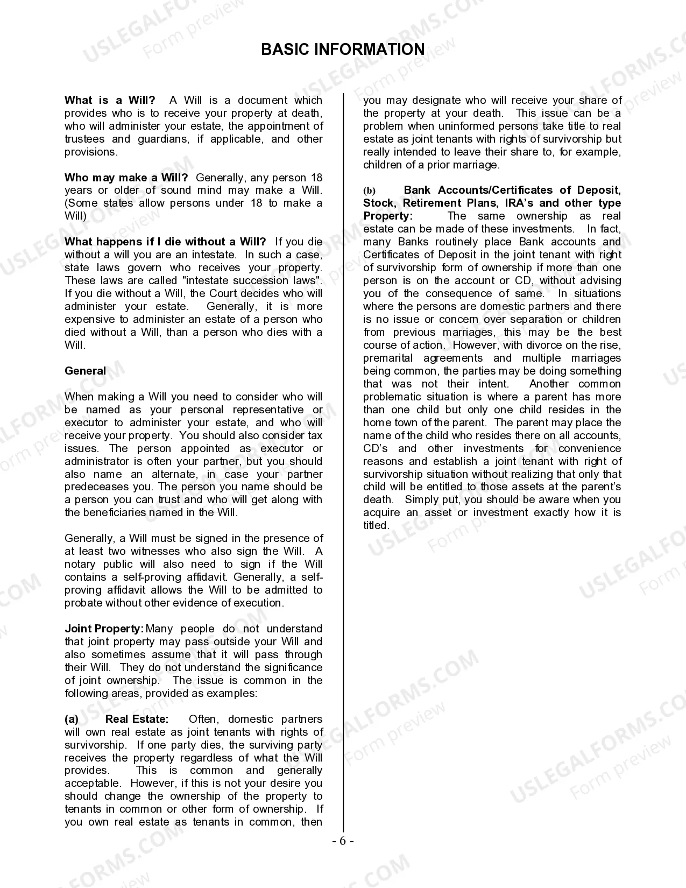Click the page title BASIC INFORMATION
tap(343, 50)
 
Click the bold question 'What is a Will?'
tap(110, 100)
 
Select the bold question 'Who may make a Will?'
tap(126, 178)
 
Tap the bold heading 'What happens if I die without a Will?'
tap(165, 242)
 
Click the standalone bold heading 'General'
tap(85, 371)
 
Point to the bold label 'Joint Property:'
tap(104, 629)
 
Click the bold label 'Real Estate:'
tap(137, 719)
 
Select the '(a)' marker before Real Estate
tap(72, 719)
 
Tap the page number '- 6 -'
tap(343, 842)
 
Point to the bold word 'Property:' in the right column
tap(388, 216)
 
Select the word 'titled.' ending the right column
tap(376, 526)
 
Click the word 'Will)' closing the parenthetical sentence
tap(75, 216)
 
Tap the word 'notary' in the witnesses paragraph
tap(80, 565)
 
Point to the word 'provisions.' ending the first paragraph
tap(91, 152)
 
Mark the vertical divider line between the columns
tap(343, 463)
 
